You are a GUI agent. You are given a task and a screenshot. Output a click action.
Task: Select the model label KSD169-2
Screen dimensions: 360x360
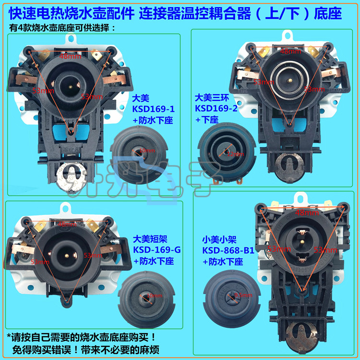[216, 108]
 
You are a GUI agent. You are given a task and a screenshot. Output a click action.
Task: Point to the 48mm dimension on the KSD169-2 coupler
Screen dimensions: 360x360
[290, 51]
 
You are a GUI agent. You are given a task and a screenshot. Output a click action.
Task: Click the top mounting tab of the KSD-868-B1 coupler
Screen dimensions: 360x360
[301, 195]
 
